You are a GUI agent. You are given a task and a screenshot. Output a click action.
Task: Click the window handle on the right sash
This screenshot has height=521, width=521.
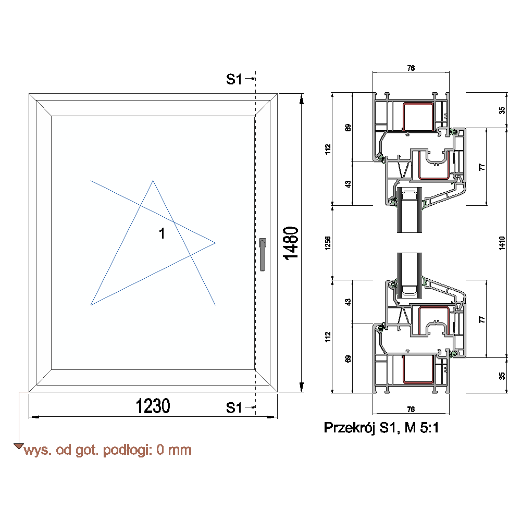click(263, 255)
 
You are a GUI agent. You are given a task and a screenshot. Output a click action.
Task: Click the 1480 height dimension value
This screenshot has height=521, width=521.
click(291, 243)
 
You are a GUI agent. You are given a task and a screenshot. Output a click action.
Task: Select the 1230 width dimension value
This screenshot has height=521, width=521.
click(153, 406)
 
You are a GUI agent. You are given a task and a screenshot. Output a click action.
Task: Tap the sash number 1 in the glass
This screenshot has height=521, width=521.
click(162, 233)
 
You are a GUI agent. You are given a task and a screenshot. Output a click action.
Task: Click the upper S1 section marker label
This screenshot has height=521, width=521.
click(234, 79)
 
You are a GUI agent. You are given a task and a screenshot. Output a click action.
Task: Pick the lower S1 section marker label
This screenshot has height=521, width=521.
click(234, 408)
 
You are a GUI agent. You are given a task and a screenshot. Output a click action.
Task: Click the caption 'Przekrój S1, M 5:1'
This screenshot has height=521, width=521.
click(381, 428)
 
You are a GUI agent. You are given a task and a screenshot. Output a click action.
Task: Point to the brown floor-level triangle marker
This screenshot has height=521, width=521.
click(19, 446)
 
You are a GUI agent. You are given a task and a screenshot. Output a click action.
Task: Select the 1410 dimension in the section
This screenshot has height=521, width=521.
click(502, 243)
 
